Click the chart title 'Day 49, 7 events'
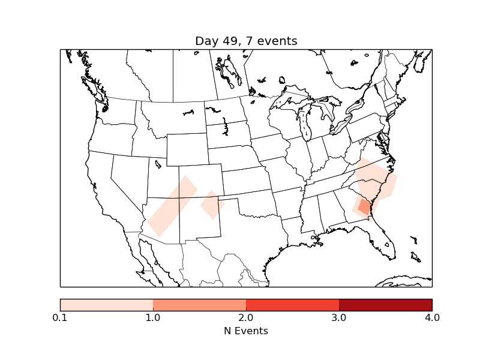246,41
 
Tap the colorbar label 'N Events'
246,331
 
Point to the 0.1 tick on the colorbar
60,317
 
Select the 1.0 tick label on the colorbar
153,317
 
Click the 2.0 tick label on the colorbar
246,317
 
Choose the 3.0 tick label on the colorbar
339,317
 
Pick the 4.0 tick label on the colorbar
432,317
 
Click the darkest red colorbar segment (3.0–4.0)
385,304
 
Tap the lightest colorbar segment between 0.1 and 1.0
107,304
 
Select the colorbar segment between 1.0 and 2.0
199,304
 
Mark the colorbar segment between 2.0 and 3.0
292,304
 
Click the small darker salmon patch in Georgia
364,208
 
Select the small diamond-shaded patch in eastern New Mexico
212,205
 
